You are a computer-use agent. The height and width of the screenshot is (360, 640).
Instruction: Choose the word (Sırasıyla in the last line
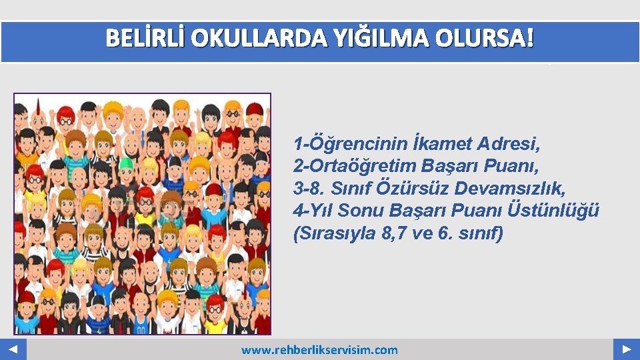tap(327, 234)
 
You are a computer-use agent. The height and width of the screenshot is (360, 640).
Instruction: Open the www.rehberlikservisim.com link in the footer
tap(319, 350)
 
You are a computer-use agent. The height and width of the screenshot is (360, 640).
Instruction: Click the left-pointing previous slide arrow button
tap(13, 349)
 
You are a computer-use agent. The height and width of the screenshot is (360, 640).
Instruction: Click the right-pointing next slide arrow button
tap(627, 349)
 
